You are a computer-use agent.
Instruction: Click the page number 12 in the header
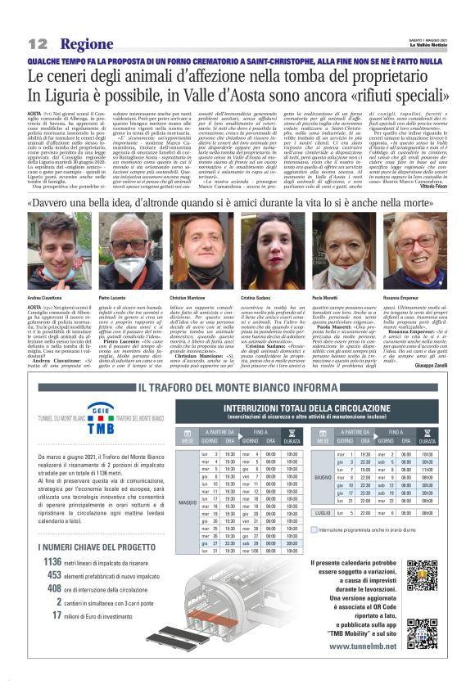pyautogui.click(x=38, y=43)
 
